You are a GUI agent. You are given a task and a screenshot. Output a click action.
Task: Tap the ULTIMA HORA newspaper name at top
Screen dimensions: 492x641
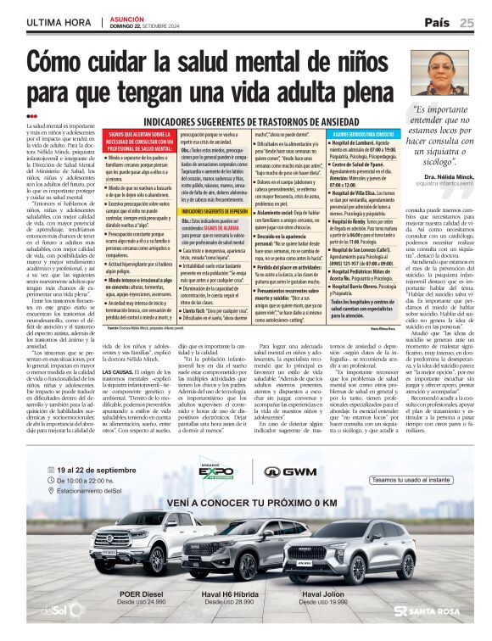(59, 22)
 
